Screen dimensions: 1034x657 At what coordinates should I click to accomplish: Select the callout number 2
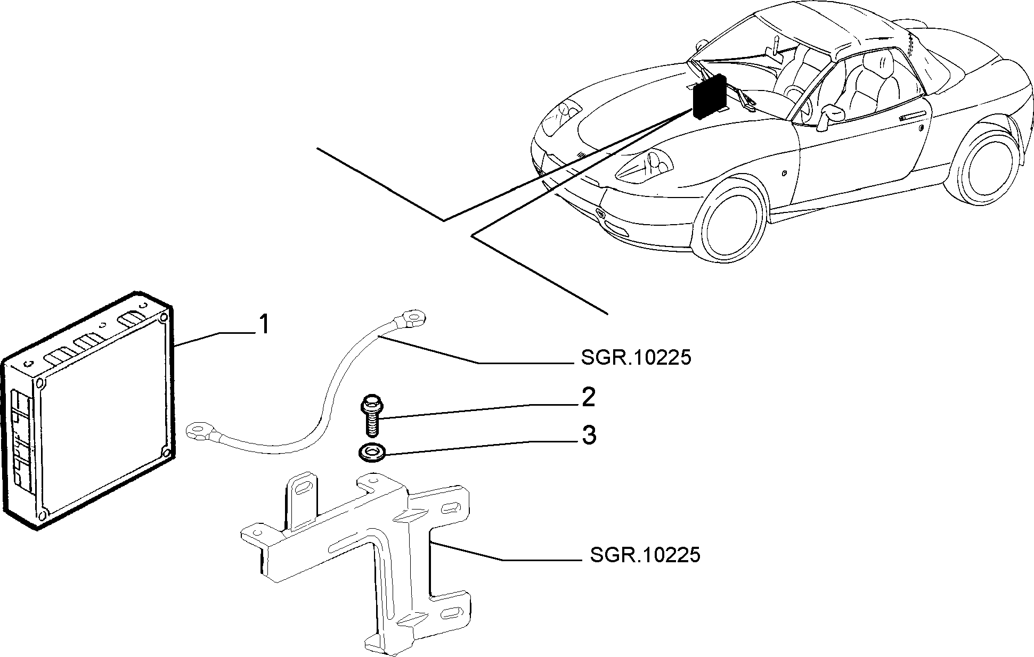tap(588, 398)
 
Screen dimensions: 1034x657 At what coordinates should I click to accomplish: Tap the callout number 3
tap(589, 436)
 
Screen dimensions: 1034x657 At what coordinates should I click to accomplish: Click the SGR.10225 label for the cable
tap(636, 358)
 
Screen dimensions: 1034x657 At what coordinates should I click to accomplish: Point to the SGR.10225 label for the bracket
tap(645, 555)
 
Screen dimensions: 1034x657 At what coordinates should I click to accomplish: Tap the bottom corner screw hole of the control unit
tap(43, 514)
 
